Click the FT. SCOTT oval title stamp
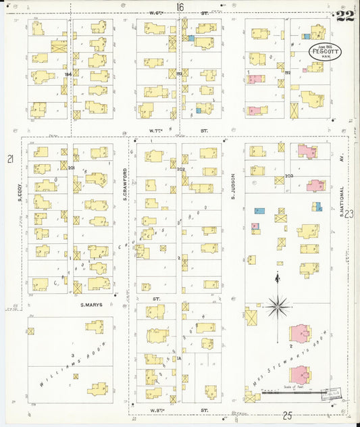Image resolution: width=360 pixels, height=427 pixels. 325,51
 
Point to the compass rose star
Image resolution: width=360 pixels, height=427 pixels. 277,307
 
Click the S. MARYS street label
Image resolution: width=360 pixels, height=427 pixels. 91,305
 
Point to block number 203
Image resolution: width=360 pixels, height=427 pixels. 289,176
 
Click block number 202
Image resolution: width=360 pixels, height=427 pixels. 181,169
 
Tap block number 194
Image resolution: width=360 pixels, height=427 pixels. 68,75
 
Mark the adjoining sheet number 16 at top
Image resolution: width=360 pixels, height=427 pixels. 180,7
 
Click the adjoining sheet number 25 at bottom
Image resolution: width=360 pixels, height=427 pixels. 287,414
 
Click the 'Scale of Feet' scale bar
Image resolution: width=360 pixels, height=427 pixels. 296,392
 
